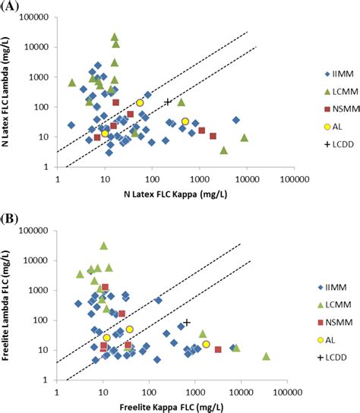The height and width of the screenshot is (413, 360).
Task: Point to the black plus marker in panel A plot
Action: [169, 102]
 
